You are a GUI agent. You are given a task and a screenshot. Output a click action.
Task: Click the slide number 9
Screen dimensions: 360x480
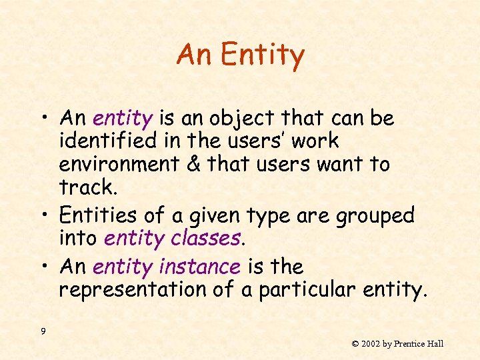pos(43,332)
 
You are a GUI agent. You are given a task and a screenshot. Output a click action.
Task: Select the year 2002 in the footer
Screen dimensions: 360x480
pos(372,344)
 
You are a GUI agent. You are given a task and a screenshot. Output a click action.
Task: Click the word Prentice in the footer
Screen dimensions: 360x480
pos(411,344)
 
